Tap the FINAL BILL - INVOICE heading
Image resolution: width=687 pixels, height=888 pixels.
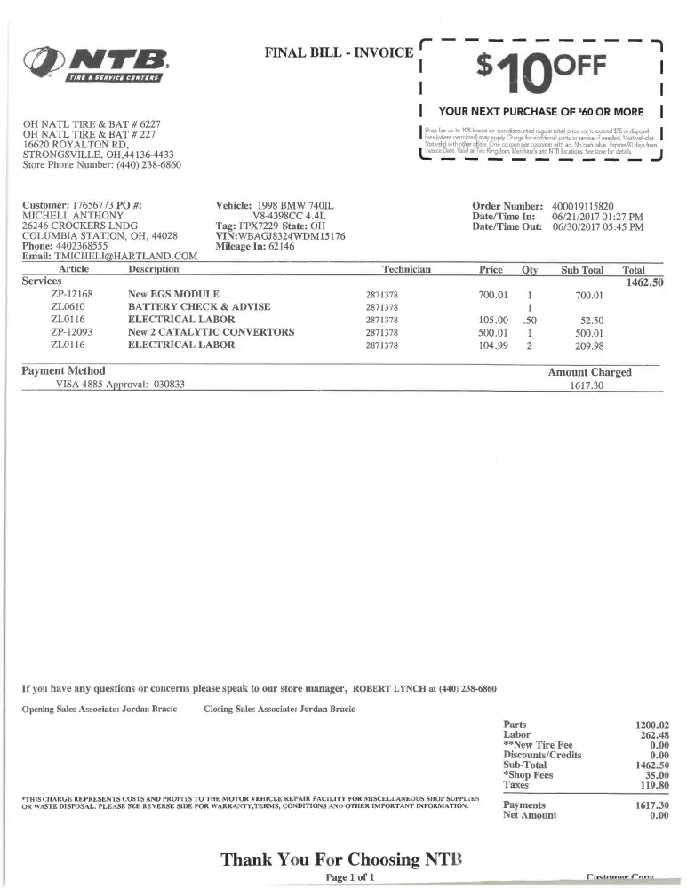[339, 52]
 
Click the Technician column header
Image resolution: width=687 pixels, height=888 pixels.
[406, 269]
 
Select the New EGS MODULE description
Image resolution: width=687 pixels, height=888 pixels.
[173, 294]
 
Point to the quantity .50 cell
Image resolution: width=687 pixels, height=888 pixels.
[530, 320]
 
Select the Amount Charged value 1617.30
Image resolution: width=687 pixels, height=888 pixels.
[587, 386]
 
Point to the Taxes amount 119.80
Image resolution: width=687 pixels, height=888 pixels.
[652, 785]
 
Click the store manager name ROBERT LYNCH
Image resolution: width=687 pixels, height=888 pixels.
[388, 688]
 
